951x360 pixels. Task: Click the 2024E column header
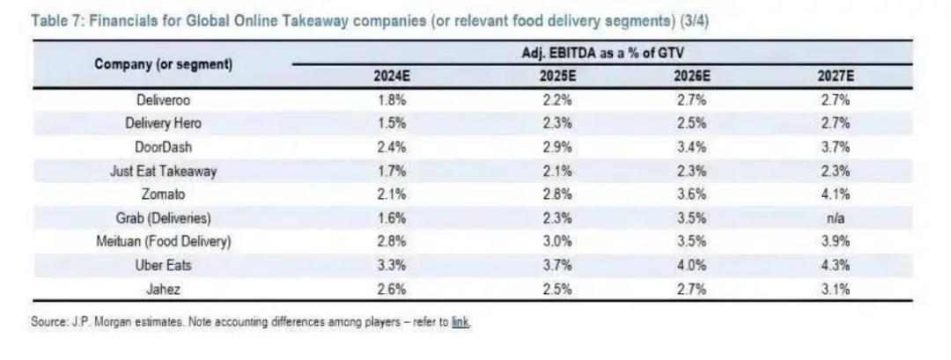pos(392,77)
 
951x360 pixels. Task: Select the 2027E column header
pos(836,77)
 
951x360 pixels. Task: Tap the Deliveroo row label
pos(164,99)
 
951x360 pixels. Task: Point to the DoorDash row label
pos(164,148)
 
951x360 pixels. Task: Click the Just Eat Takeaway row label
pos(164,172)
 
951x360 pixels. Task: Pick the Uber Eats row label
pos(164,265)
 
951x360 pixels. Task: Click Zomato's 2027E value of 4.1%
pos(836,195)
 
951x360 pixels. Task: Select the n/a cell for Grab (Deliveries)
pos(836,218)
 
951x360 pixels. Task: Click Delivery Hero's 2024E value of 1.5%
pos(392,124)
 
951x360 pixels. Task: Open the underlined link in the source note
pos(461,322)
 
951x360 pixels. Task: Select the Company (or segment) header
pos(164,64)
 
